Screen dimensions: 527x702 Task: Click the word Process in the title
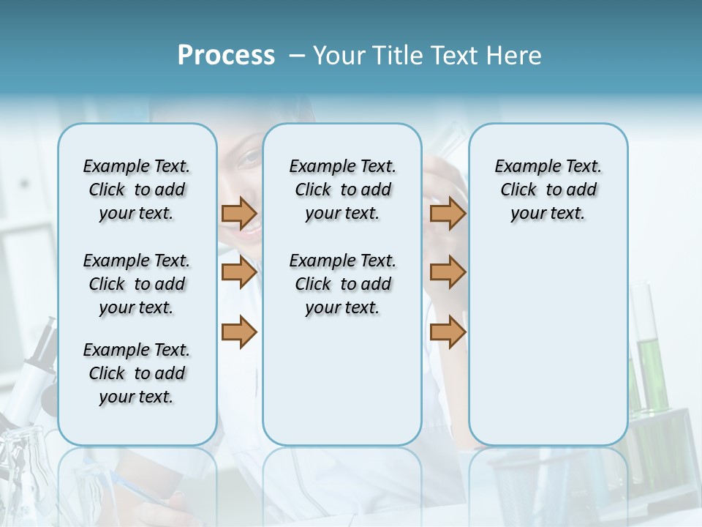(x=226, y=56)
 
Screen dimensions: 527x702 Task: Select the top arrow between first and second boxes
(x=239, y=213)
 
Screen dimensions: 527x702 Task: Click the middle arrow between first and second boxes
(x=239, y=272)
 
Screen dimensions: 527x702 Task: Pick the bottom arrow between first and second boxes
(x=239, y=332)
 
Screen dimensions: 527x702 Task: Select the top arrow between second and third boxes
(x=448, y=213)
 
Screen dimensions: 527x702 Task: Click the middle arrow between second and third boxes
(x=448, y=272)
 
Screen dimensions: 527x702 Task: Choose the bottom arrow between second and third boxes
(x=448, y=332)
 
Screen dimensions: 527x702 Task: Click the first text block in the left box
(x=137, y=190)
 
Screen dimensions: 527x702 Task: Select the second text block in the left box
(x=137, y=284)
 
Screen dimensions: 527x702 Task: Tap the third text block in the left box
(x=137, y=373)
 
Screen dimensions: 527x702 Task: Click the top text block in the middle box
(x=342, y=190)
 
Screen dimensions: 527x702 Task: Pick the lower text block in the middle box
(x=342, y=284)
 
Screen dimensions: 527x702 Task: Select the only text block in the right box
(x=548, y=190)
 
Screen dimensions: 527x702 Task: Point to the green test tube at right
(x=646, y=366)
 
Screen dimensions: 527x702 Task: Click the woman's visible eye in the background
(x=249, y=158)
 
